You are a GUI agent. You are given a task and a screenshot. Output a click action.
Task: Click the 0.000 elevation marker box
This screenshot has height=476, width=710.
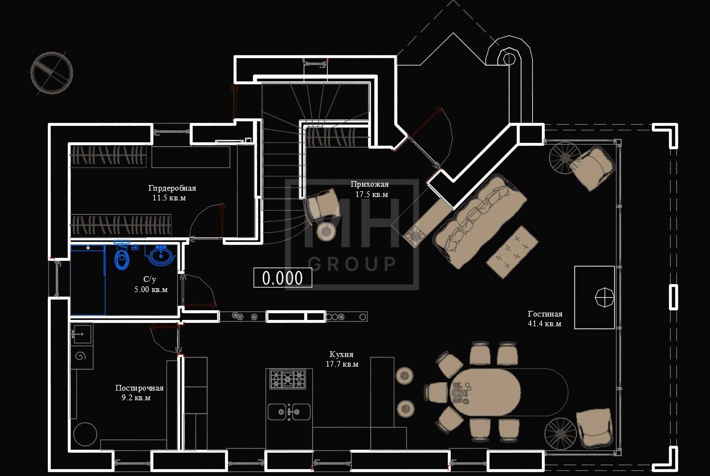[x=283, y=278]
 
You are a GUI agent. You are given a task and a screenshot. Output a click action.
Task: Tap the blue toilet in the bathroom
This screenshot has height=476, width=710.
[x=121, y=257]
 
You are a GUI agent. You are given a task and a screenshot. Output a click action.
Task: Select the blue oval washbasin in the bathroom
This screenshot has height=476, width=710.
[x=161, y=255]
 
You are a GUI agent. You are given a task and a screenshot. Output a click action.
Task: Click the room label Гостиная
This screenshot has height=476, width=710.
[x=545, y=314]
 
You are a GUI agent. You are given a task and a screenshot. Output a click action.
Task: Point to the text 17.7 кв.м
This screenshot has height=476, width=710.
[x=342, y=364]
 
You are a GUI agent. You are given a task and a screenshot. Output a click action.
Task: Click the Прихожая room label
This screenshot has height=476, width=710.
[x=370, y=184]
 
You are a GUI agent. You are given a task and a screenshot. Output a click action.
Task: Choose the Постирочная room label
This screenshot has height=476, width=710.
[x=140, y=388]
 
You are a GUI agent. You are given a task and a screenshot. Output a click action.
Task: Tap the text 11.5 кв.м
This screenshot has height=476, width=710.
[x=169, y=198]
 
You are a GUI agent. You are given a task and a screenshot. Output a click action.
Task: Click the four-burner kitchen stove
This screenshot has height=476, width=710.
[x=288, y=379]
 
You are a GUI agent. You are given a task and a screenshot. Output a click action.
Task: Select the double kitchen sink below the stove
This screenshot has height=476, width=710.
[x=289, y=412]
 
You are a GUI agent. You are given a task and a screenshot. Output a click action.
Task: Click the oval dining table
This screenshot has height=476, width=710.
[x=485, y=392]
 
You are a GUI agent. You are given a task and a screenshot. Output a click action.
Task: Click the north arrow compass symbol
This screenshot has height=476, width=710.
[x=52, y=73]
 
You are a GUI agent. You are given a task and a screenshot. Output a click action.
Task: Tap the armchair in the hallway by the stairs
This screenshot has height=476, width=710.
[x=322, y=204]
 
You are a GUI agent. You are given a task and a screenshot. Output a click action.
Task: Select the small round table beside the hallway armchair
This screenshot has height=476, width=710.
[x=326, y=232]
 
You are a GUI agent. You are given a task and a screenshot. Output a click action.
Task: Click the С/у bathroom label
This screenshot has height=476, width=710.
[x=150, y=280]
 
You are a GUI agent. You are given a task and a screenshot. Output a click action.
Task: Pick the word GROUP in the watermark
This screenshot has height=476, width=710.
[x=352, y=264]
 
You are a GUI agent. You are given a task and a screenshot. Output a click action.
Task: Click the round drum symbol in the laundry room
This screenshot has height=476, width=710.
[x=85, y=434]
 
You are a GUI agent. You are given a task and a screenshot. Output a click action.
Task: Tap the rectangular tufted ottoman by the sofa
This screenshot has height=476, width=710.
[x=512, y=252]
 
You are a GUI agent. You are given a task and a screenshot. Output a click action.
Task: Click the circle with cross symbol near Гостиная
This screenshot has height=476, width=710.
[x=605, y=297]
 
